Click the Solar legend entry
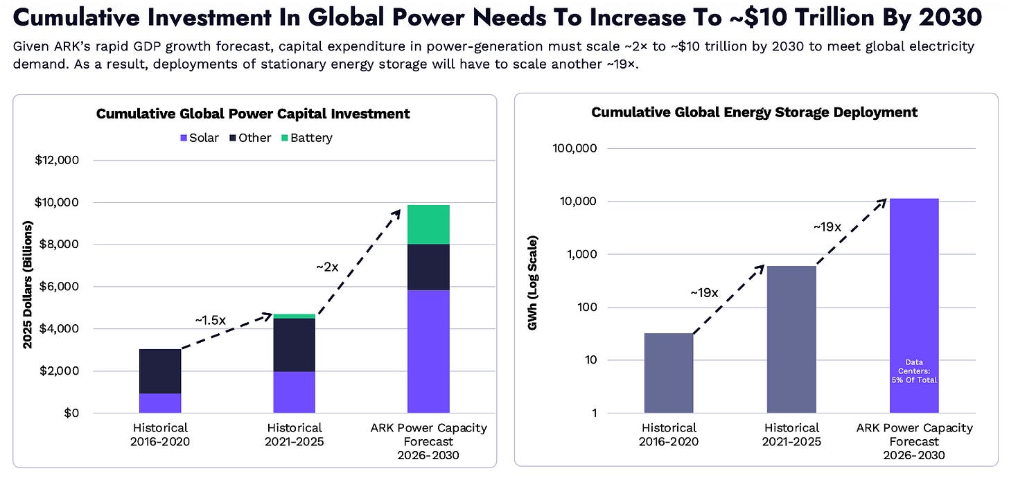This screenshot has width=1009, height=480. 200,138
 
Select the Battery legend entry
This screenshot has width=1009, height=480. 307,138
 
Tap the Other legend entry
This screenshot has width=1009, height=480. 250,138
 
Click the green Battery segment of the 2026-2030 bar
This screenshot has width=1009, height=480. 428,224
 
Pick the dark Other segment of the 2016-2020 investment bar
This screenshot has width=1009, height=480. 160,371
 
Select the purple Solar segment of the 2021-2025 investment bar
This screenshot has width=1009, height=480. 294,392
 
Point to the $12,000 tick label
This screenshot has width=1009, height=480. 57,160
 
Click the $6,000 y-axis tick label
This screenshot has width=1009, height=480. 58,286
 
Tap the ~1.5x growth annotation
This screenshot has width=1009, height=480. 211,320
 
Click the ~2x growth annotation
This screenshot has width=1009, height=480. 327,267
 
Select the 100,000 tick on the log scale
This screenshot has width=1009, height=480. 574,148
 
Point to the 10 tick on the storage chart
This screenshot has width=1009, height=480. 590,359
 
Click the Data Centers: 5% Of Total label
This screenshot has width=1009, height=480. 914,371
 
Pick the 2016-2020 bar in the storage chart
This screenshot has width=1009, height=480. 669,373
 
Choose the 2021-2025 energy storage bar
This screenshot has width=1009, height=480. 791,339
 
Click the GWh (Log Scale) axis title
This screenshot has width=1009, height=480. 532,283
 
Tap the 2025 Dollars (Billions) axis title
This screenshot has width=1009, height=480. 28,285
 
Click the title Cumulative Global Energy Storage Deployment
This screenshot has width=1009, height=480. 755,112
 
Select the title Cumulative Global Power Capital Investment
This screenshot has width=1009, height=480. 253,114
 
